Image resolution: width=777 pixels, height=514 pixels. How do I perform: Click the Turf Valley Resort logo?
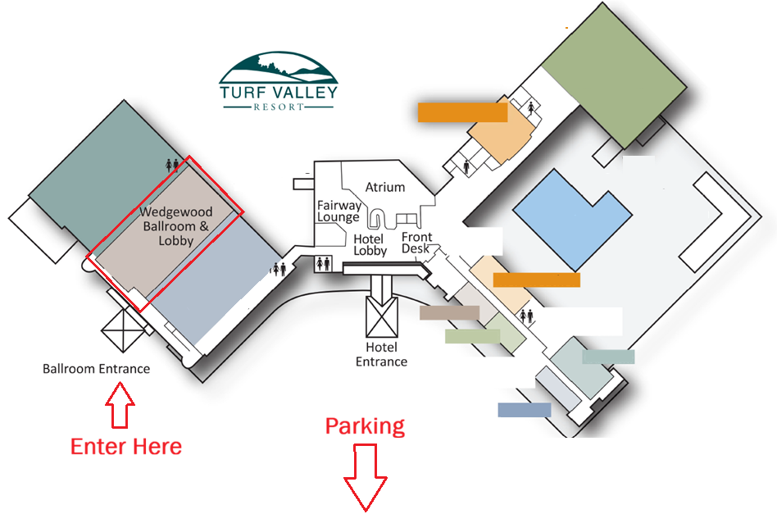point(278,82)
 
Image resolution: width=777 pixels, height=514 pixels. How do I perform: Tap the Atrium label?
point(385,187)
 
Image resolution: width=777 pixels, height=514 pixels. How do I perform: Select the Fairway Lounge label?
point(339,212)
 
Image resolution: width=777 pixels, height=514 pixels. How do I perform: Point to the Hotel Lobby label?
point(370,245)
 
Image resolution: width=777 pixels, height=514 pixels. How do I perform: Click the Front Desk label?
point(416,243)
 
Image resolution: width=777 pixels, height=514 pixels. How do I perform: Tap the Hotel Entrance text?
point(382,355)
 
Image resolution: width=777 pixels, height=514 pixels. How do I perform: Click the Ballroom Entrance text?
point(96,369)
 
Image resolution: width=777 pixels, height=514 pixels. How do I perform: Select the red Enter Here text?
point(125,446)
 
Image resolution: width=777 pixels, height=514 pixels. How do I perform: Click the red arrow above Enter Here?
point(120,407)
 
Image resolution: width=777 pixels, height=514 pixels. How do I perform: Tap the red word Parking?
point(365,426)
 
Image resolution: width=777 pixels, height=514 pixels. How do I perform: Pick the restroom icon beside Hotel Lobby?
point(323,264)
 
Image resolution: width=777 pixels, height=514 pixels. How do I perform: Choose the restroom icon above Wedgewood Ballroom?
point(172,164)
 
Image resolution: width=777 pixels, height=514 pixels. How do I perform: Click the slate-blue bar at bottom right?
point(524,410)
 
